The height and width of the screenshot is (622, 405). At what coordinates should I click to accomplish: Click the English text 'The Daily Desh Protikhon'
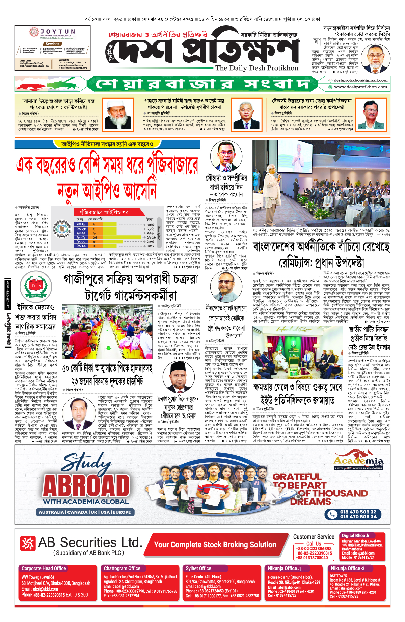coord(257,68)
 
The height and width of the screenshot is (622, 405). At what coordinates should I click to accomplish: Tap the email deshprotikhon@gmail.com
coord(360,80)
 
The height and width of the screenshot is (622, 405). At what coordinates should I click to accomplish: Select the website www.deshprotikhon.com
coord(360,87)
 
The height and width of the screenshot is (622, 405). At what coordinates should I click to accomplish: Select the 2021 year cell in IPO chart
coord(81,237)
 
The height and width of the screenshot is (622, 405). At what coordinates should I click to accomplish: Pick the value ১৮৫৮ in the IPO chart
coord(151,237)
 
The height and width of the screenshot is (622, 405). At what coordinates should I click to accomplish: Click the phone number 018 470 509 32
coord(358,512)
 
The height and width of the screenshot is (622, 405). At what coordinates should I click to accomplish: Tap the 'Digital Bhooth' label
coord(355,535)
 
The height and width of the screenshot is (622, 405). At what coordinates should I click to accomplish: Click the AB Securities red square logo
coord(27,543)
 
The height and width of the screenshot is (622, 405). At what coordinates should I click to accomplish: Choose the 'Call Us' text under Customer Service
coord(314,544)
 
